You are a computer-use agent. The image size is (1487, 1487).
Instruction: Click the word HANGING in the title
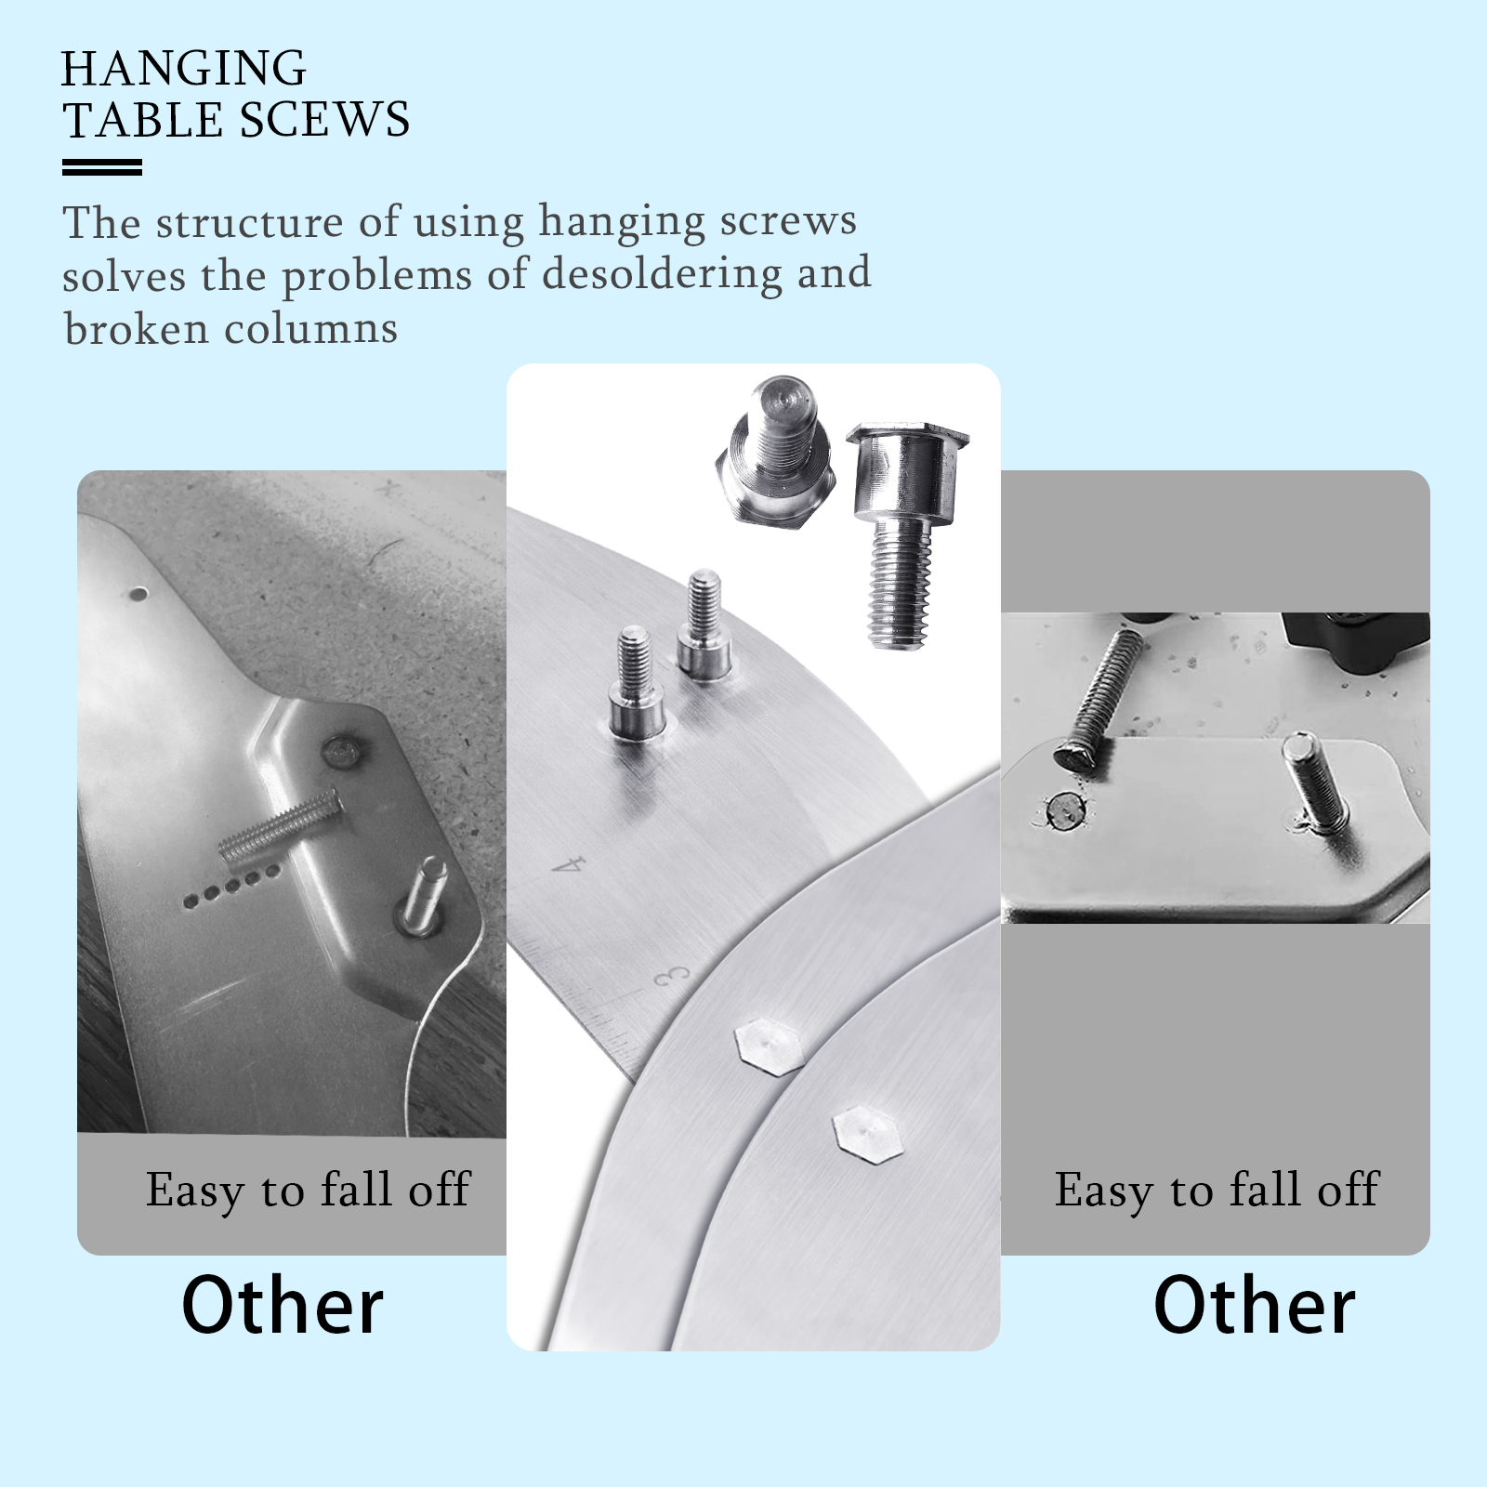(183, 69)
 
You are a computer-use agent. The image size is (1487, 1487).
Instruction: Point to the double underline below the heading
(102, 167)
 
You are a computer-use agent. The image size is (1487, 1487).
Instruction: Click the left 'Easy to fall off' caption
(308, 1191)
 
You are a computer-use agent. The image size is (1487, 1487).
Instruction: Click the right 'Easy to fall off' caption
(1216, 1191)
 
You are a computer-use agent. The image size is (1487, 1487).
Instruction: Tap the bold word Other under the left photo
(282, 1306)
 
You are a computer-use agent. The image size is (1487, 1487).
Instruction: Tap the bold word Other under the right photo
(1254, 1306)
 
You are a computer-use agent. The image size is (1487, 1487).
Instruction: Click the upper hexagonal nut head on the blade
(769, 1046)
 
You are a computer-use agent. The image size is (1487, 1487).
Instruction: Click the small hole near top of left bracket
(138, 591)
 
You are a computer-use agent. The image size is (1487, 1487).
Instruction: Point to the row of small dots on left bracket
(230, 885)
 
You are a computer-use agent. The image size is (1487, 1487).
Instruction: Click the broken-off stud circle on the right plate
(1062, 810)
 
